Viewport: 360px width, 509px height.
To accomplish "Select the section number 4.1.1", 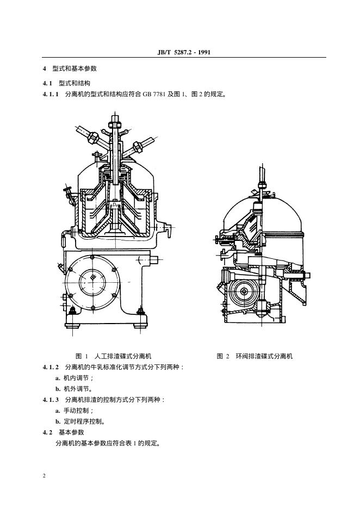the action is (51, 94).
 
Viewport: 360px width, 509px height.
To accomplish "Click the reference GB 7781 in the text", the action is (154, 94).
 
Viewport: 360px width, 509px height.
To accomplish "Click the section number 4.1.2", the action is (51, 367).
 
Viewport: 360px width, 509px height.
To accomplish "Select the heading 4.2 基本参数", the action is (64, 432).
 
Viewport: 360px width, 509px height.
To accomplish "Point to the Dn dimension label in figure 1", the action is (115, 205).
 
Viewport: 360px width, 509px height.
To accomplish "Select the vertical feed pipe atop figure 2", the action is (262, 175).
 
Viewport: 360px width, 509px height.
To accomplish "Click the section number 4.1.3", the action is (51, 400).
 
